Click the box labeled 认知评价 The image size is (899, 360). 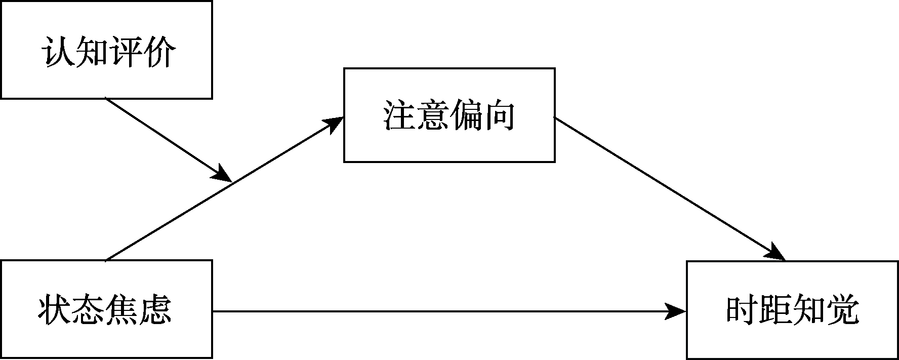[x=106, y=50]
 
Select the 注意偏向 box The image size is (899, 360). [x=449, y=115]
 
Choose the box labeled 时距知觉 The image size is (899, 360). [x=792, y=310]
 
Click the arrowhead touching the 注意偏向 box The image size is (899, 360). [x=334, y=124]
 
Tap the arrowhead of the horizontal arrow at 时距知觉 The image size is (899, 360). [x=676, y=311]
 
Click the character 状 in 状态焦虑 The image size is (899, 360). [x=55, y=310]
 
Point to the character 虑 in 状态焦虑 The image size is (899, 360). [x=156, y=310]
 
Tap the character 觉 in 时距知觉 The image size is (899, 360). [x=843, y=310]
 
